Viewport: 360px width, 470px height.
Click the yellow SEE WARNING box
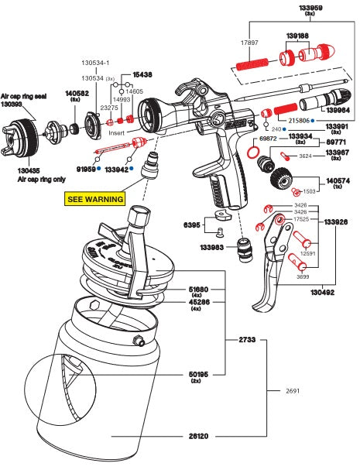pos(94,199)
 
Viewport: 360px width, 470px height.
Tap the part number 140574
pos(334,180)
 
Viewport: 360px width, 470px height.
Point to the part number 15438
pos(143,74)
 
